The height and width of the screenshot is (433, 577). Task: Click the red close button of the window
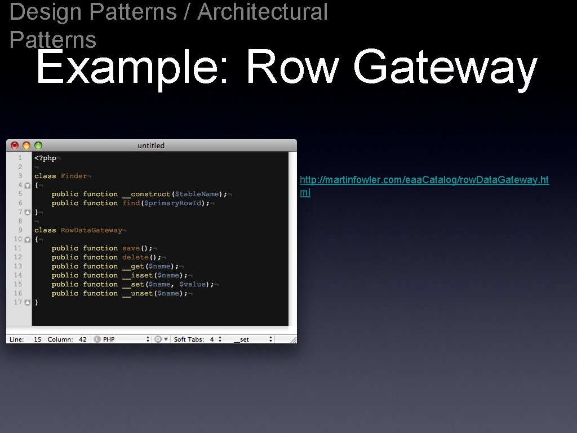coord(15,145)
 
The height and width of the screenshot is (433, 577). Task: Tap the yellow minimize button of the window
coord(26,145)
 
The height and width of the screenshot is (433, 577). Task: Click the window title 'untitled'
coord(151,145)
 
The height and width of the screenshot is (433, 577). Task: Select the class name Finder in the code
coord(74,176)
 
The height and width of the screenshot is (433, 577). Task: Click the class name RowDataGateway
coord(91,230)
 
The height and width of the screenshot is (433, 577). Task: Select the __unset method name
coord(137,293)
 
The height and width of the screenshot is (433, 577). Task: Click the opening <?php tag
coord(45,158)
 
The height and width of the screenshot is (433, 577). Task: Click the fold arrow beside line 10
coord(27,239)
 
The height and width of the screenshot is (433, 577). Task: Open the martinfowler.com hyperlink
coord(424,180)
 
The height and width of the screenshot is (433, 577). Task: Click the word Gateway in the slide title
coord(445,68)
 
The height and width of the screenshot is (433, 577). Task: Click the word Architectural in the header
coord(262,11)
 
